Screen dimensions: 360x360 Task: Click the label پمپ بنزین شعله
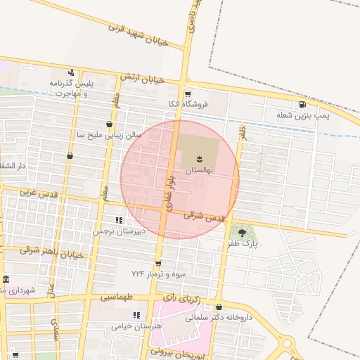tap(303, 115)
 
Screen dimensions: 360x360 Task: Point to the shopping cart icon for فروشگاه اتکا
tap(187, 94)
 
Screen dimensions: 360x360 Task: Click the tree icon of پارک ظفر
tap(242, 232)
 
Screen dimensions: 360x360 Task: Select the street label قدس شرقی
tap(205, 217)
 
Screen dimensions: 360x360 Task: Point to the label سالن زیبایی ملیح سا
tap(109, 134)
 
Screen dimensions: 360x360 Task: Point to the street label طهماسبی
tap(117, 297)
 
